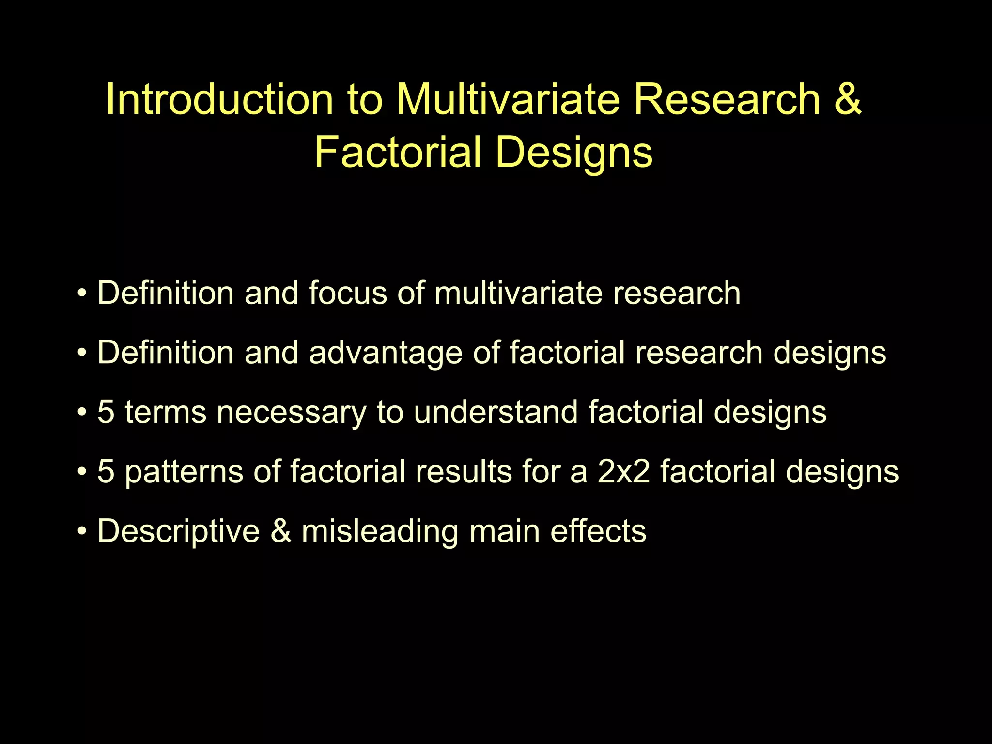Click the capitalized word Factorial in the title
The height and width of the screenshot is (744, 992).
(x=397, y=152)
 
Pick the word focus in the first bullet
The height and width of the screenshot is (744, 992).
(x=348, y=293)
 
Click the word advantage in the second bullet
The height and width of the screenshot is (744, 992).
(x=386, y=353)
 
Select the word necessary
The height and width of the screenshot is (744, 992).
(x=291, y=412)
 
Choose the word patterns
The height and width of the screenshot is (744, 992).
(x=184, y=472)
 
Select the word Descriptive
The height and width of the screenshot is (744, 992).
(x=178, y=531)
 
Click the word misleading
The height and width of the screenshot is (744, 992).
(x=380, y=531)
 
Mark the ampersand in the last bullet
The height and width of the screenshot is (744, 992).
(x=281, y=531)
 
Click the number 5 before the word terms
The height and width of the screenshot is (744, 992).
(x=106, y=412)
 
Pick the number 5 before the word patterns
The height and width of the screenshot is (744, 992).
(x=106, y=472)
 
